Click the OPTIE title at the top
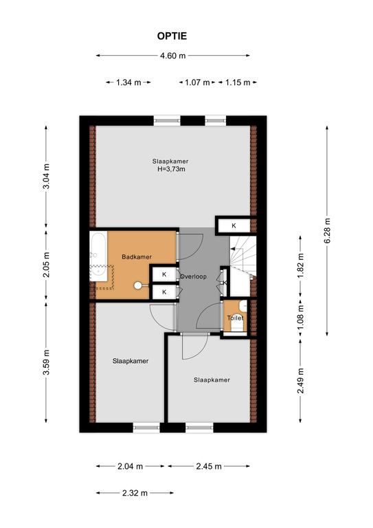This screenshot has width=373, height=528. point(172,36)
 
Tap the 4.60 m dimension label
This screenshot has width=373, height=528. point(172,56)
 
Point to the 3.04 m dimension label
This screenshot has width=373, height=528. point(47,176)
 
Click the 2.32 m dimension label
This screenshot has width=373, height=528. point(135,493)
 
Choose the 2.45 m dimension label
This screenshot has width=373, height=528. point(209,466)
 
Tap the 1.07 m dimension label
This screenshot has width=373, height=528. point(197,82)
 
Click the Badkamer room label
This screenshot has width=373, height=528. point(137,257)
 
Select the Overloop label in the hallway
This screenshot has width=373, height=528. point(193,276)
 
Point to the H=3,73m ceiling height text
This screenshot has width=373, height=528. point(171,169)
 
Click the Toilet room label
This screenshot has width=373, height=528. point(235,318)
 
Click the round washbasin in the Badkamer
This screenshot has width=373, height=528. point(138,285)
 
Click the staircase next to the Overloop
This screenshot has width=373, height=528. point(243,256)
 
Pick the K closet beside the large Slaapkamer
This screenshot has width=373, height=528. point(234,225)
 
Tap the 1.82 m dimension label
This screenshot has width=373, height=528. point(301,265)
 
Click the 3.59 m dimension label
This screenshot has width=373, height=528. point(47,362)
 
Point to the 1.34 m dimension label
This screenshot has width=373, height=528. point(128,82)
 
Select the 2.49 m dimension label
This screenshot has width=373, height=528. point(301,380)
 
